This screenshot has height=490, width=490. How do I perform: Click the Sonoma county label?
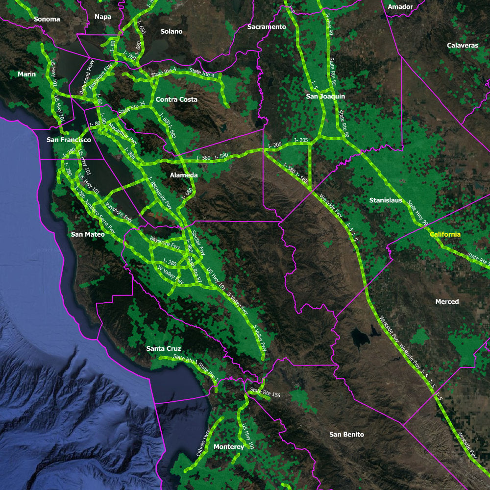click(47, 19)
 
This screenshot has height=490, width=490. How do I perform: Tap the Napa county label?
click(102, 17)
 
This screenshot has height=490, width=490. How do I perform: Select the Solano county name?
click(171, 31)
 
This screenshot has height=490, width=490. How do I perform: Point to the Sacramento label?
click(266, 27)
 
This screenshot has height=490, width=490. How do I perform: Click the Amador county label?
click(400, 7)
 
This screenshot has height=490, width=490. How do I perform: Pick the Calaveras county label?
click(462, 46)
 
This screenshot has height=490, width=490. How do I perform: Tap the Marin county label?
click(27, 74)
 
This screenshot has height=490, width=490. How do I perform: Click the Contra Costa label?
click(176, 99)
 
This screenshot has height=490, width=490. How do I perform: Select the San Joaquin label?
click(325, 97)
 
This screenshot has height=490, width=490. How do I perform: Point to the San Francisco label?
click(69, 140)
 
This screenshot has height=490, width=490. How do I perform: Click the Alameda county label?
click(184, 175)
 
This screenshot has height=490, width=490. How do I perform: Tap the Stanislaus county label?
click(386, 200)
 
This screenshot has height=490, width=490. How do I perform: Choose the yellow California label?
click(445, 235)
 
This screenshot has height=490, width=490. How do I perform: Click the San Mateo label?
click(88, 234)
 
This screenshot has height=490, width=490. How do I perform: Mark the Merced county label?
click(447, 302)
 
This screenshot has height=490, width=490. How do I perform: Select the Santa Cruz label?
click(164, 349)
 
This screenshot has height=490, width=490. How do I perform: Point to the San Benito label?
click(346, 435)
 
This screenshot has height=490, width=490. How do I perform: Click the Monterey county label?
click(229, 447)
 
